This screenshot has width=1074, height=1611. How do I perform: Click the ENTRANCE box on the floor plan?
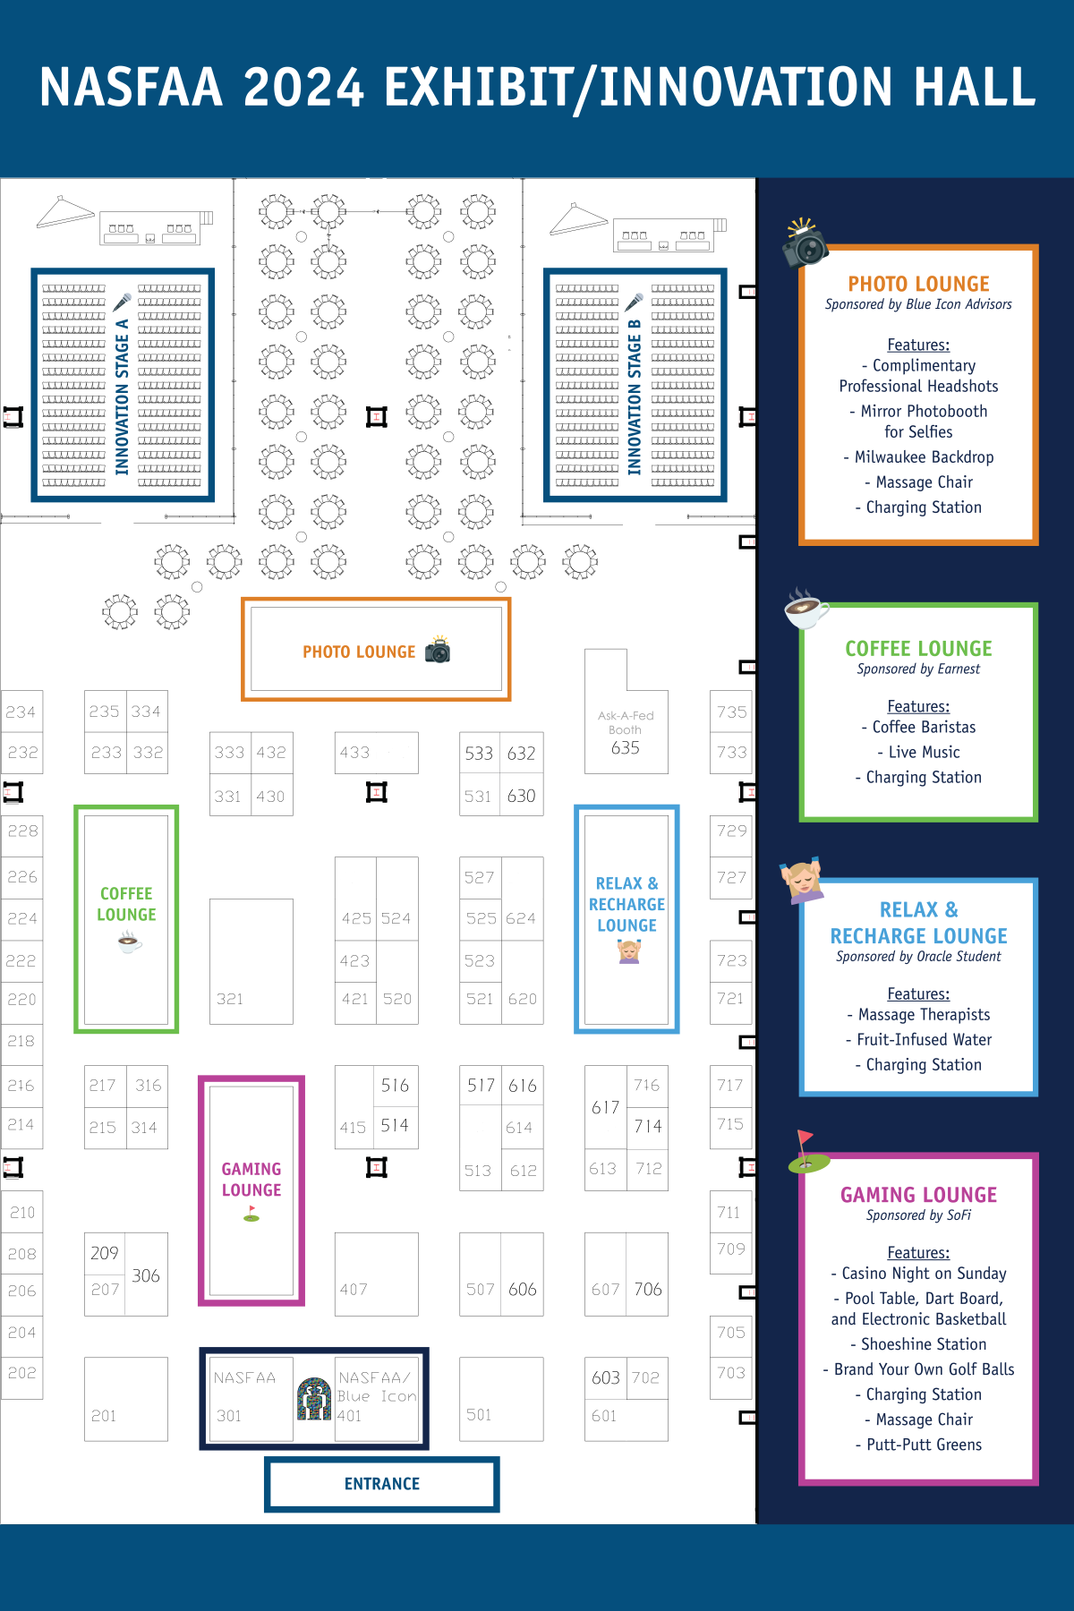pyautogui.click(x=382, y=1484)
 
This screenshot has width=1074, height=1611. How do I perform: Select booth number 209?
pyautogui.click(x=105, y=1253)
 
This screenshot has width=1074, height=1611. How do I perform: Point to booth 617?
pyautogui.click(x=606, y=1107)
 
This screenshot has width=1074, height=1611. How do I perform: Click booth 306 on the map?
pyautogui.click(x=146, y=1274)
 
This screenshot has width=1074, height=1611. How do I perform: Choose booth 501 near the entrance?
pyautogui.click(x=501, y=1399)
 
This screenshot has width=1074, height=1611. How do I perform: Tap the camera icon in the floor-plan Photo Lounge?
pyautogui.click(x=438, y=650)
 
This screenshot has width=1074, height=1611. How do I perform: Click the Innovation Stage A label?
pyautogui.click(x=123, y=396)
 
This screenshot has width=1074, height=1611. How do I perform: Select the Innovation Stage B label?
pyautogui.click(x=635, y=396)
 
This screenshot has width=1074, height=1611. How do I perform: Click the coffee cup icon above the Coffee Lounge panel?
pyautogui.click(x=805, y=609)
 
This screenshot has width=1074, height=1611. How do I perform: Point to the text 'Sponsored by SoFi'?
pyautogui.click(x=918, y=1215)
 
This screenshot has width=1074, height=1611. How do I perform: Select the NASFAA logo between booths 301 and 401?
pyautogui.click(x=314, y=1398)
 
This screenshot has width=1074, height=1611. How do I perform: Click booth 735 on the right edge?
pyautogui.click(x=731, y=712)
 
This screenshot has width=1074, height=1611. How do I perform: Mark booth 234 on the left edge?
pyautogui.click(x=21, y=712)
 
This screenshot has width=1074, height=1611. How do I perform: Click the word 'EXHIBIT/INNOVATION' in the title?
pyautogui.click(x=638, y=87)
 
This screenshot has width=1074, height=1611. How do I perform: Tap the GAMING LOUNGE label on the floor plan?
pyautogui.click(x=251, y=1180)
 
